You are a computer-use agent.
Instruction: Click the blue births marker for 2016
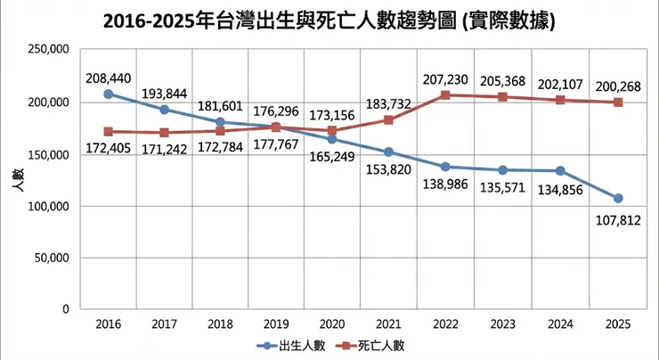[x=109, y=94]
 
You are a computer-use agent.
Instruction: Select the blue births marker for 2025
[x=618, y=198]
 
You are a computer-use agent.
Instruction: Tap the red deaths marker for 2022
[x=445, y=94]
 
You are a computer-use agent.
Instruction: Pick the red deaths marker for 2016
[x=109, y=131]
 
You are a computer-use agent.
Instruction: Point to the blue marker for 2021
[x=388, y=151]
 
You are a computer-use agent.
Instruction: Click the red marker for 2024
[x=561, y=100]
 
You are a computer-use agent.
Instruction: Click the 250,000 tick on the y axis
[x=47, y=52]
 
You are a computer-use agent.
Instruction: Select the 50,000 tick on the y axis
[x=51, y=258]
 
